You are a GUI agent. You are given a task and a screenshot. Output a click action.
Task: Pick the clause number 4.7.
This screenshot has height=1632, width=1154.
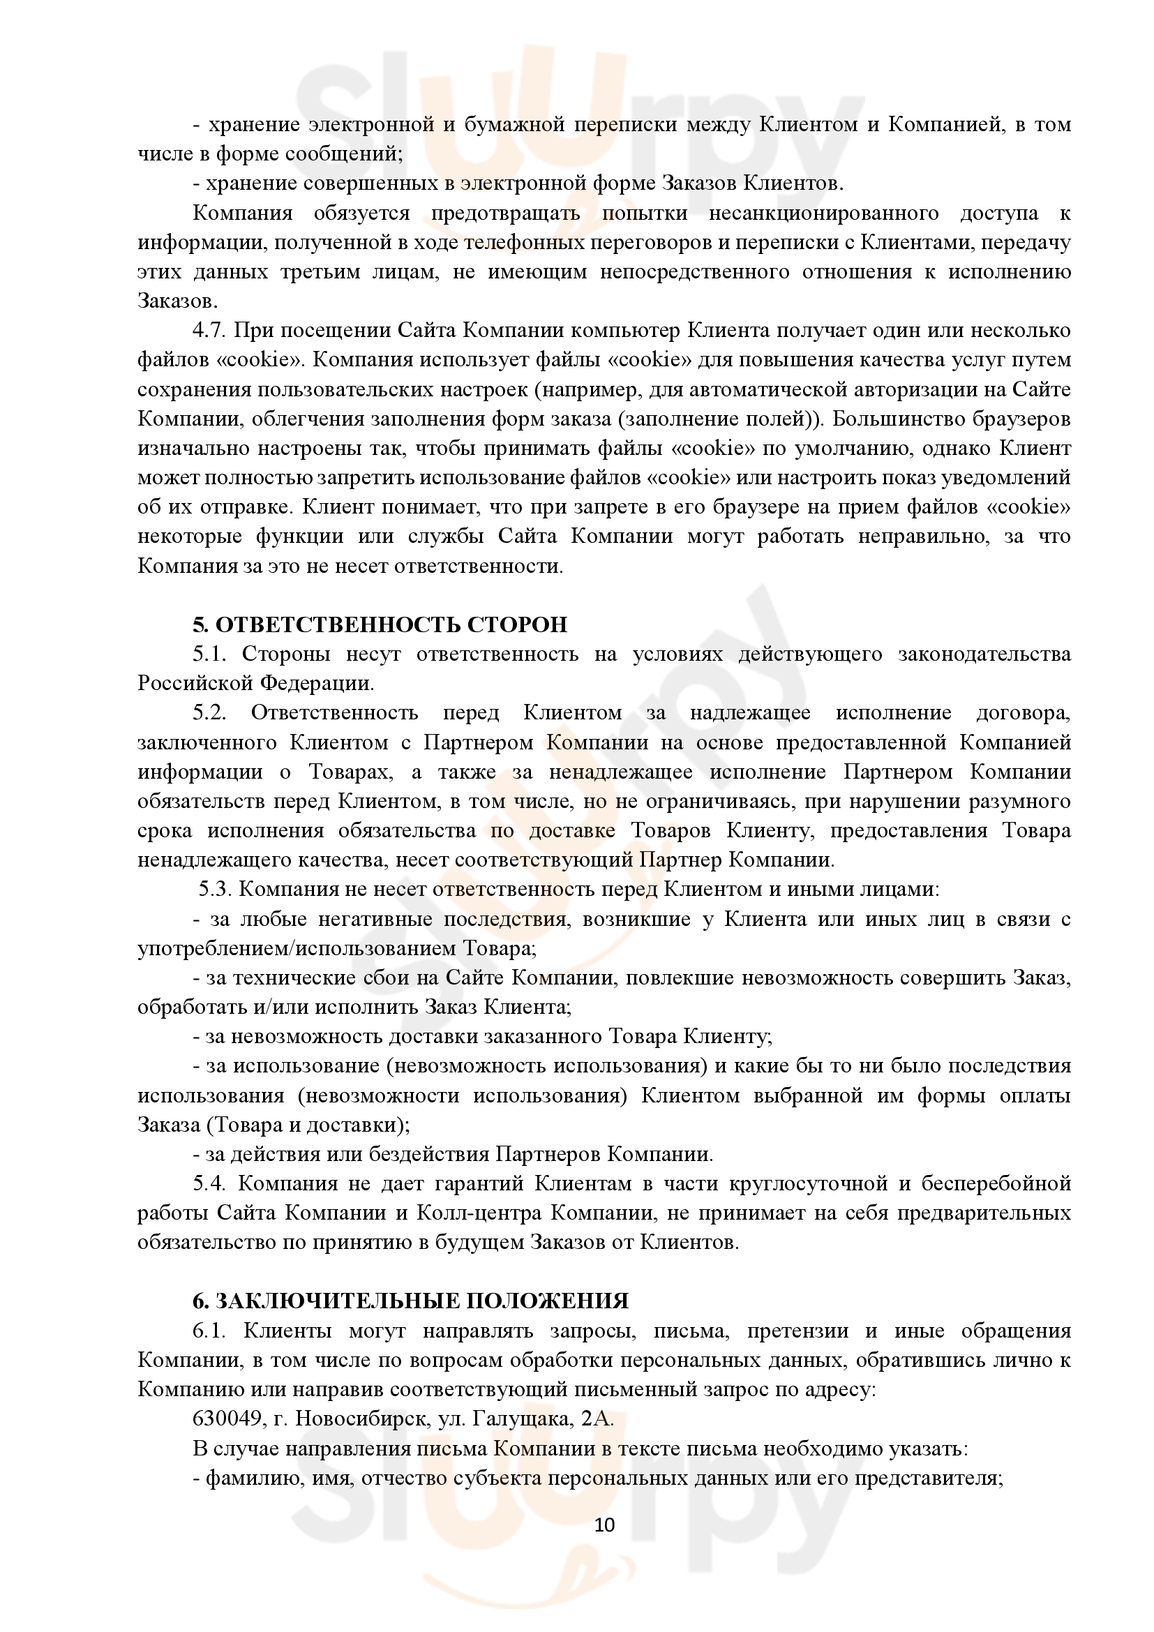(x=209, y=331)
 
